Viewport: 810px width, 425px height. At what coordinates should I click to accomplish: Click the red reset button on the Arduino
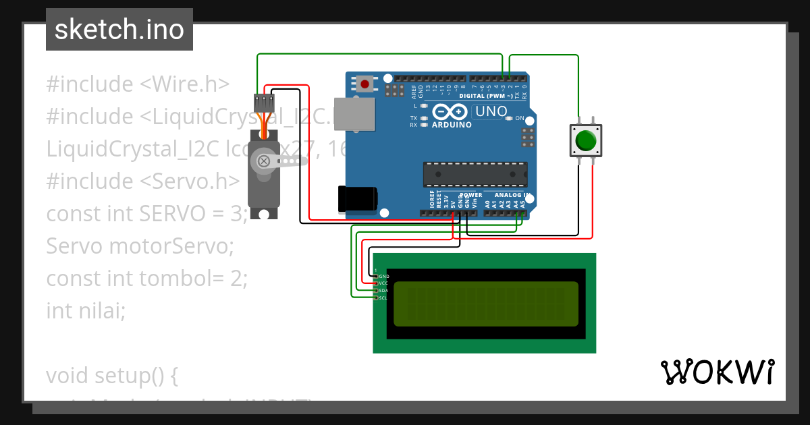click(365, 84)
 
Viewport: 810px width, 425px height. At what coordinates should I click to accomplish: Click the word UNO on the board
click(491, 112)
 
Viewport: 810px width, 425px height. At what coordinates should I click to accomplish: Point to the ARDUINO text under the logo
click(452, 125)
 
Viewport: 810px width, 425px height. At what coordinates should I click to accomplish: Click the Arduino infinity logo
click(452, 112)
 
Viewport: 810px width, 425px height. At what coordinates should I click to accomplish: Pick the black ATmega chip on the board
click(475, 174)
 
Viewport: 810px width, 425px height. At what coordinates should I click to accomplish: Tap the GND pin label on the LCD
click(384, 277)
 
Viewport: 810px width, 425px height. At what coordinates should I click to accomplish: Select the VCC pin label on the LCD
click(383, 283)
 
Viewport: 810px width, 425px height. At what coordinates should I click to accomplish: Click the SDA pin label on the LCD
click(383, 291)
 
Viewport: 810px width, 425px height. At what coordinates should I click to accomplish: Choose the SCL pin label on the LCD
click(383, 297)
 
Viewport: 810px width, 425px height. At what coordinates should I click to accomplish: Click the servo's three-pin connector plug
click(263, 103)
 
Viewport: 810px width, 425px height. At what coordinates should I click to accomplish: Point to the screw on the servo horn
click(264, 161)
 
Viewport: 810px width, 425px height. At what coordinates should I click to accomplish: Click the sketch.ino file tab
click(119, 30)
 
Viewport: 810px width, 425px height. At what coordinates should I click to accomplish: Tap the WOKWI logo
click(717, 372)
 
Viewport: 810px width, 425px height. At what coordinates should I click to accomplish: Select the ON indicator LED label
click(519, 119)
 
